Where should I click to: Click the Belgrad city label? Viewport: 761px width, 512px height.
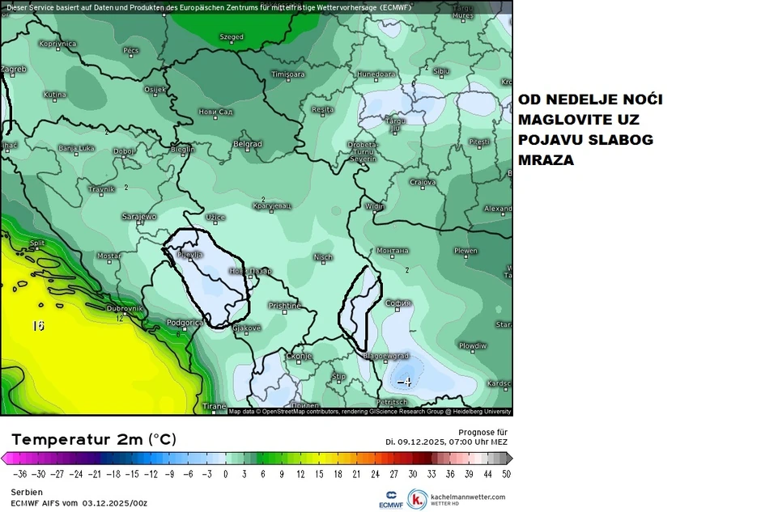point(247,144)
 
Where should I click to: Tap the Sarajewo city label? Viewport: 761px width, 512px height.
point(138,217)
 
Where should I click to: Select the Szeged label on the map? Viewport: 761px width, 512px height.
point(232,37)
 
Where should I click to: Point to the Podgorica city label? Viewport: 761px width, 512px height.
point(183,323)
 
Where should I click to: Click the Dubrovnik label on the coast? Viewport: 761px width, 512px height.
point(125,308)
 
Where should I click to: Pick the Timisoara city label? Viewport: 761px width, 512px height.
point(287,74)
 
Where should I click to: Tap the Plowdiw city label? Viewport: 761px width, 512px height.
point(473,345)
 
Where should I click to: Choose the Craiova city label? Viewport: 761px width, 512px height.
point(423,182)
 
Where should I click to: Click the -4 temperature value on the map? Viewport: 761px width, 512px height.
point(404,382)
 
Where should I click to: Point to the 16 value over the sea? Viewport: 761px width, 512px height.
point(37,326)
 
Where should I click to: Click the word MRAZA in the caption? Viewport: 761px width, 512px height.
point(546,160)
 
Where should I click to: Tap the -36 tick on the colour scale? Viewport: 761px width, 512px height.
point(19,475)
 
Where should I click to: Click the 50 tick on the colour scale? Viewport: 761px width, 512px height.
point(506,475)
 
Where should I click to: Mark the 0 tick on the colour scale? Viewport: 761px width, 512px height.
point(225,475)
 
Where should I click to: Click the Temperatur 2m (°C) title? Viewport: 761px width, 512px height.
point(93,439)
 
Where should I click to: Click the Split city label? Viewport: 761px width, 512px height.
point(36,243)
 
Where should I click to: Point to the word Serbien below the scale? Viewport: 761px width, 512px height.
point(26,492)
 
